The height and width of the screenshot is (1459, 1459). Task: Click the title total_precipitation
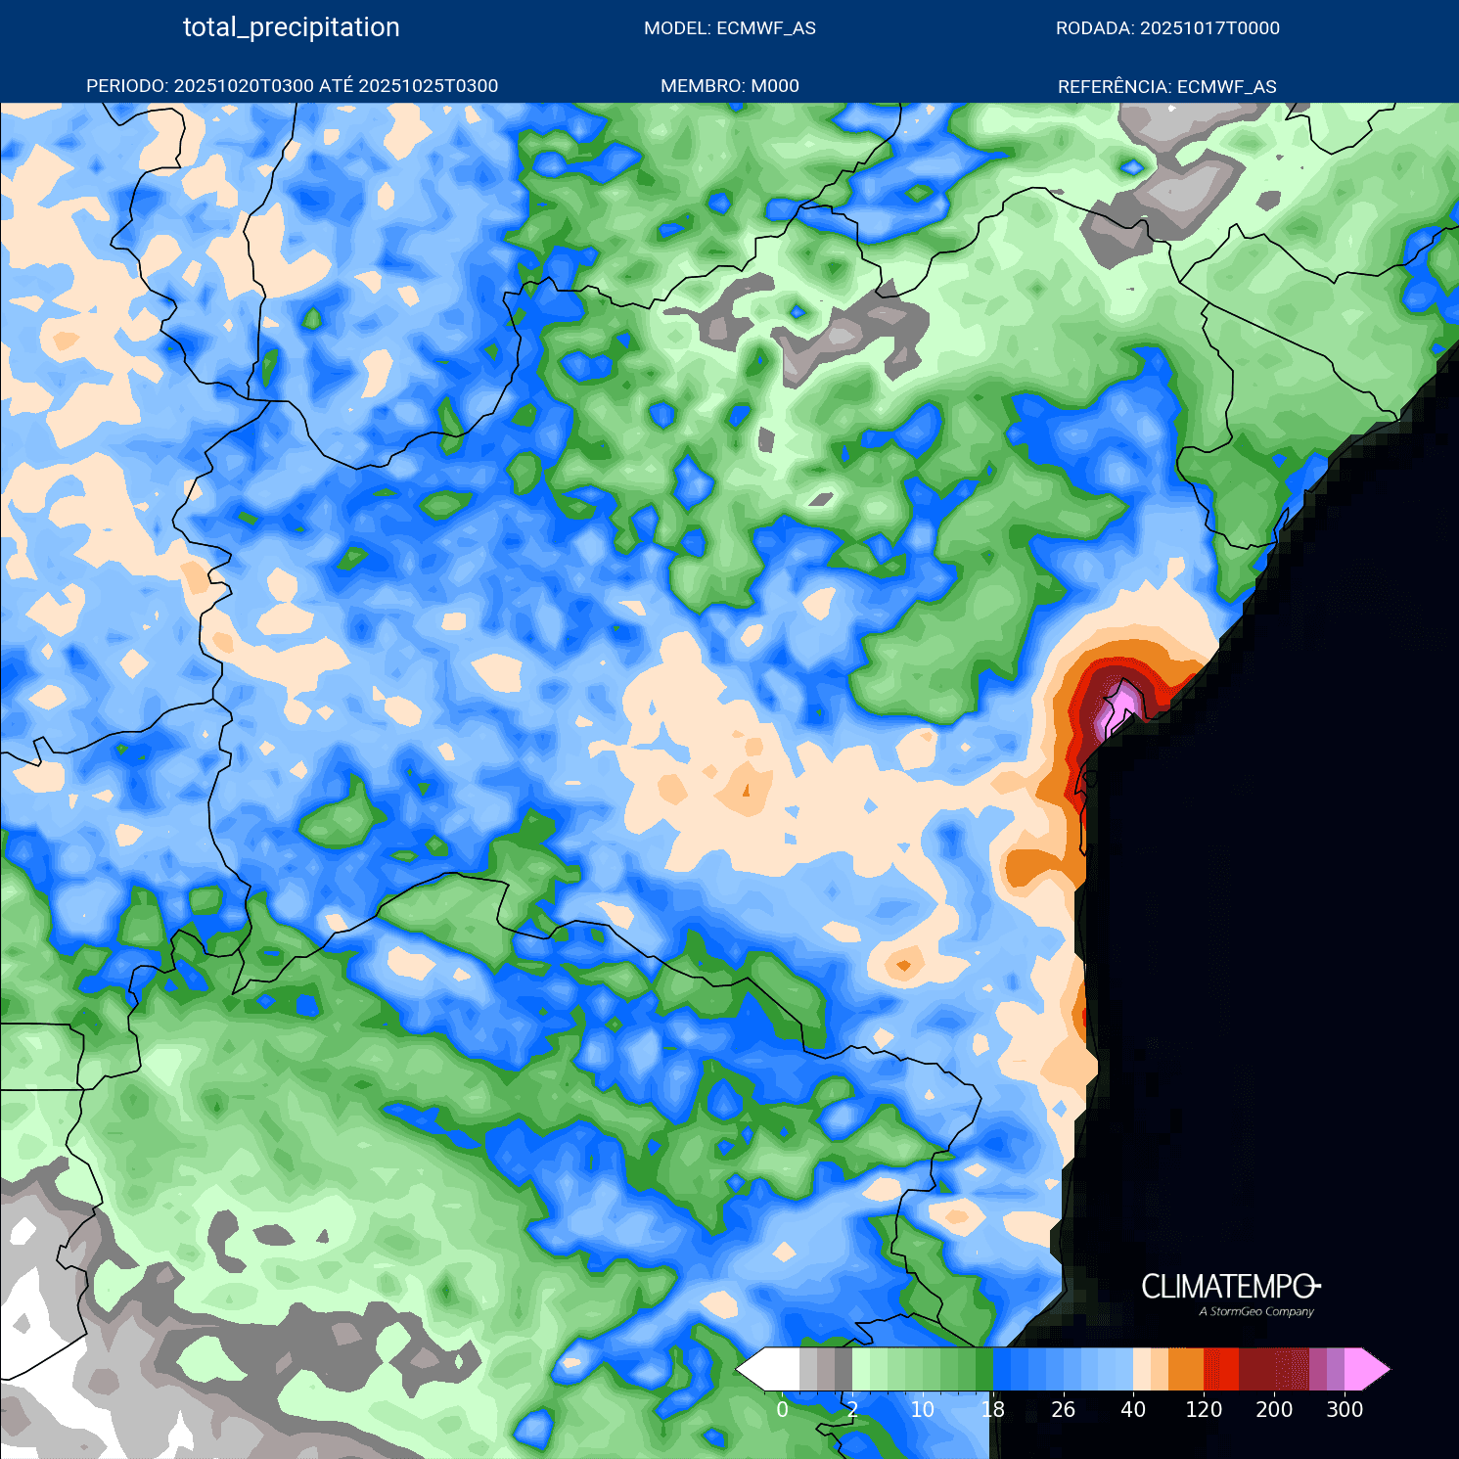[291, 27]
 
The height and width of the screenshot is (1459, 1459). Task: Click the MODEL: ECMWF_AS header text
[729, 28]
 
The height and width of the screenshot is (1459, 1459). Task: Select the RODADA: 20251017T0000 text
[1167, 28]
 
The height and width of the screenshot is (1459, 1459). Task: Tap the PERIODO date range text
[292, 86]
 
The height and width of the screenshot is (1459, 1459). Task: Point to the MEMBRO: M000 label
[729, 86]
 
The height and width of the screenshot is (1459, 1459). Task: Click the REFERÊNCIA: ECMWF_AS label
[1166, 87]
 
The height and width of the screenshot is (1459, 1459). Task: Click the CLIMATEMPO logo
[1230, 1287]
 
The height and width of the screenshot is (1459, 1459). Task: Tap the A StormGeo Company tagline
[1256, 1312]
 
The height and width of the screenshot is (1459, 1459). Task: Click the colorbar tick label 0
[782, 1409]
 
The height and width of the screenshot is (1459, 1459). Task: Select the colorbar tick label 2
[852, 1409]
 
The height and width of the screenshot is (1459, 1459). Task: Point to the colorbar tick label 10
[922, 1409]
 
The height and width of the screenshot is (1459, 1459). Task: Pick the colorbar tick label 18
[992, 1409]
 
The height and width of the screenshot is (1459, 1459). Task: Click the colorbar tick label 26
[1063, 1409]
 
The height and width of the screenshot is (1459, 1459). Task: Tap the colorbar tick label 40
[1133, 1409]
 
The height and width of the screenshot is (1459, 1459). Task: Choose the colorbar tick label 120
[1204, 1409]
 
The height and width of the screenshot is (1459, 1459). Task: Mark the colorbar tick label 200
[1274, 1409]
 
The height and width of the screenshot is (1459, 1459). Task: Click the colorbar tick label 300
[1345, 1409]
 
